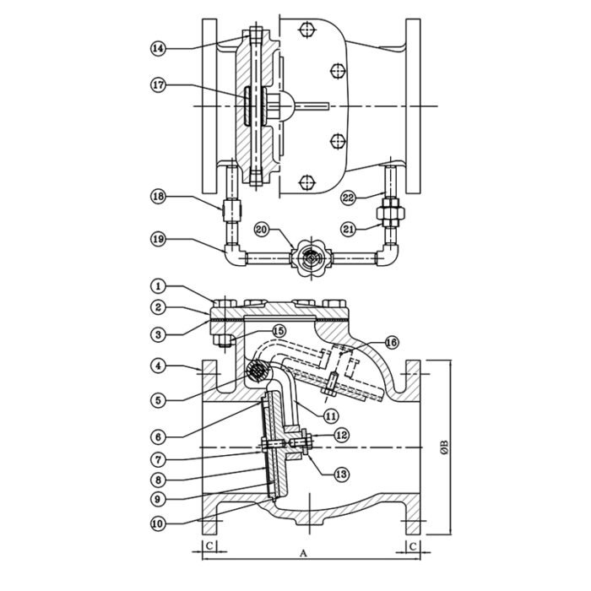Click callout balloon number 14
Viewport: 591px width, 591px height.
click(158, 48)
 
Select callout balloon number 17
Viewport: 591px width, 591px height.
click(158, 84)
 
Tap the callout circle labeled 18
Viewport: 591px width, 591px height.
click(158, 197)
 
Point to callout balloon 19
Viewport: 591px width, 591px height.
click(158, 239)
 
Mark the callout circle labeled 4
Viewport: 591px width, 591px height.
click(158, 366)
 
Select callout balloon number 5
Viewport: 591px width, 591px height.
click(158, 398)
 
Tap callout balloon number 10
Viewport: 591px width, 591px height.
click(158, 523)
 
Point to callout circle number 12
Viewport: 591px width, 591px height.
click(340, 434)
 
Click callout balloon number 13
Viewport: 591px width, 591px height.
click(340, 475)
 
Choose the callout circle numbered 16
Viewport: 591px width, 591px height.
click(391, 342)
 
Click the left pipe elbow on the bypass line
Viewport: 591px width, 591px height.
click(230, 252)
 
